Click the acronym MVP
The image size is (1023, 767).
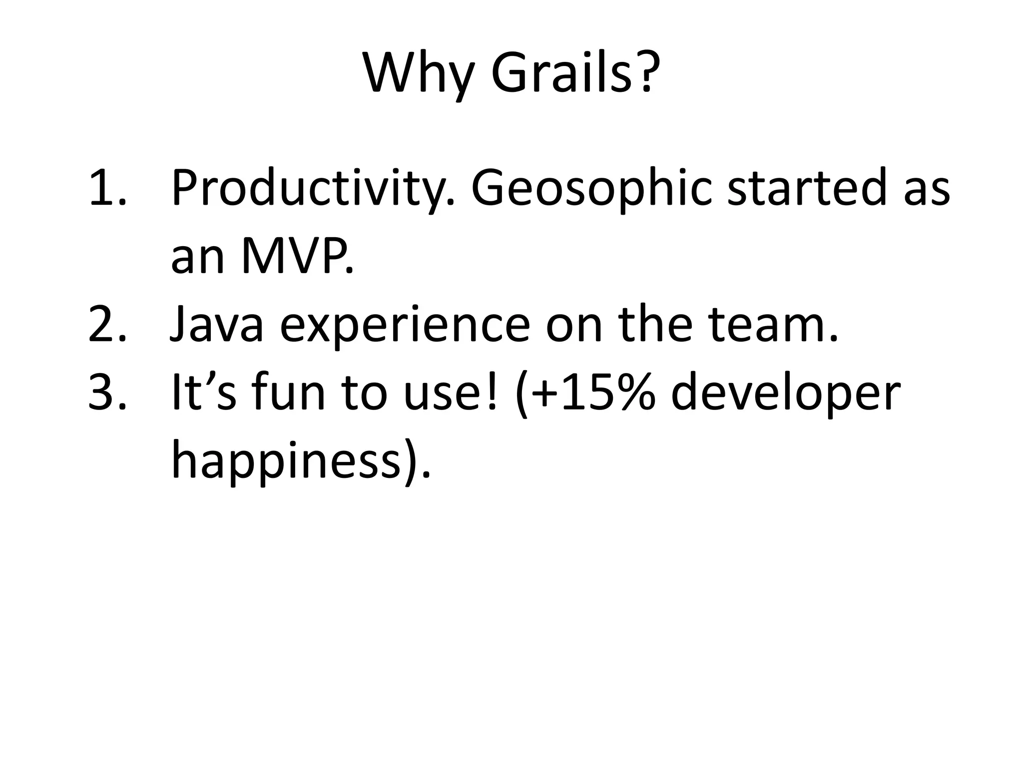pos(297,257)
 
